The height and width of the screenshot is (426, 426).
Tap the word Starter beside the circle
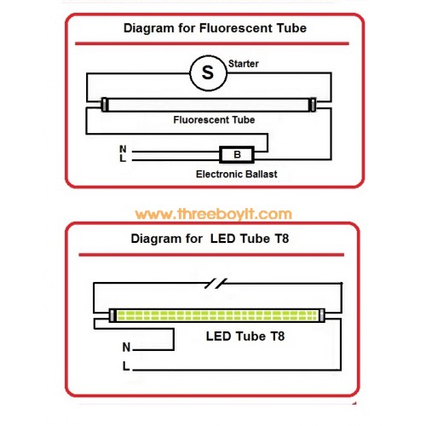(244, 64)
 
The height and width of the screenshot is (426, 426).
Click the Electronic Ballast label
(237, 174)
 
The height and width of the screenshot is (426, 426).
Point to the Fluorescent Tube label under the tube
(214, 120)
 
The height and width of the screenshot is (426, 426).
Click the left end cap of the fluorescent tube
(105, 104)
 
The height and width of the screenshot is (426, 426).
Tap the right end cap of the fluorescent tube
(313, 104)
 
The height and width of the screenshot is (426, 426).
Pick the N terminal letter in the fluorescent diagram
(123, 149)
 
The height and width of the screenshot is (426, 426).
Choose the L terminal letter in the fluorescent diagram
(123, 158)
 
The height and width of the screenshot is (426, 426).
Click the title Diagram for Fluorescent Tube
(215, 28)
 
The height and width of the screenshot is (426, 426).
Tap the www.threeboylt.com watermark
(214, 214)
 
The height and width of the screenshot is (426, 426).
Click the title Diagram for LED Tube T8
(210, 239)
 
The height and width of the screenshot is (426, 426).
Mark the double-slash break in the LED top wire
(216, 284)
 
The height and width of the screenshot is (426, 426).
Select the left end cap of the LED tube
(112, 315)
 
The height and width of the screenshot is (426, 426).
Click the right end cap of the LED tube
(321, 315)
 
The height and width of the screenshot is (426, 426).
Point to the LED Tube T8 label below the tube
(245, 337)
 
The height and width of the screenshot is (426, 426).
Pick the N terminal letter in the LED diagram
(126, 347)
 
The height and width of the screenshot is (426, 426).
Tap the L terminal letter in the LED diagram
(126, 366)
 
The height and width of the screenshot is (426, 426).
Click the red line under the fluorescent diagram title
(212, 43)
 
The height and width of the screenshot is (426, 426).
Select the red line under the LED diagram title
(211, 255)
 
